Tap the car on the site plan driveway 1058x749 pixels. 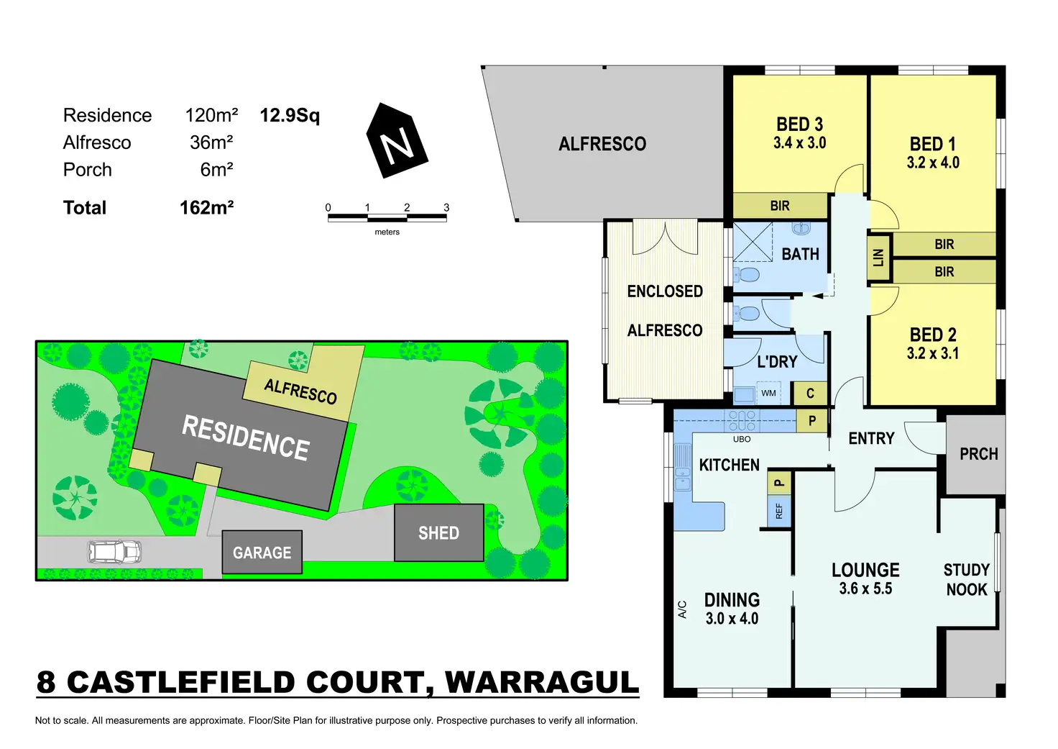click(114, 552)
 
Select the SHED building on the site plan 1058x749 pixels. click(438, 532)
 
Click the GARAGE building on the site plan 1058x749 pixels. click(262, 552)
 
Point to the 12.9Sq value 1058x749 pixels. click(290, 115)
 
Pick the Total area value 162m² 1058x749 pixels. click(206, 208)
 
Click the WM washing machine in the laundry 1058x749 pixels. click(768, 393)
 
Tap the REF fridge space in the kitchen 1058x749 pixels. click(779, 511)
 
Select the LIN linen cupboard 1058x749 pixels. click(878, 257)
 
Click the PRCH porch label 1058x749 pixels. click(978, 454)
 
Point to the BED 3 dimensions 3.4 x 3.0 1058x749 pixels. click(799, 143)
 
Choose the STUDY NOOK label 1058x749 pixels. click(966, 579)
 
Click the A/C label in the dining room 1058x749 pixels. click(683, 609)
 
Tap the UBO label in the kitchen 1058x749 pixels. click(742, 439)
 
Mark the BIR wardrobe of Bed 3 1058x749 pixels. click(780, 206)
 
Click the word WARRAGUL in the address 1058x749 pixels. click(542, 683)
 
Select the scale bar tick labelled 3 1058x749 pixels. click(446, 208)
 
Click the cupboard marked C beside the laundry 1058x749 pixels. click(810, 393)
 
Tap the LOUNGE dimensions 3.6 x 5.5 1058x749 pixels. click(865, 589)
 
